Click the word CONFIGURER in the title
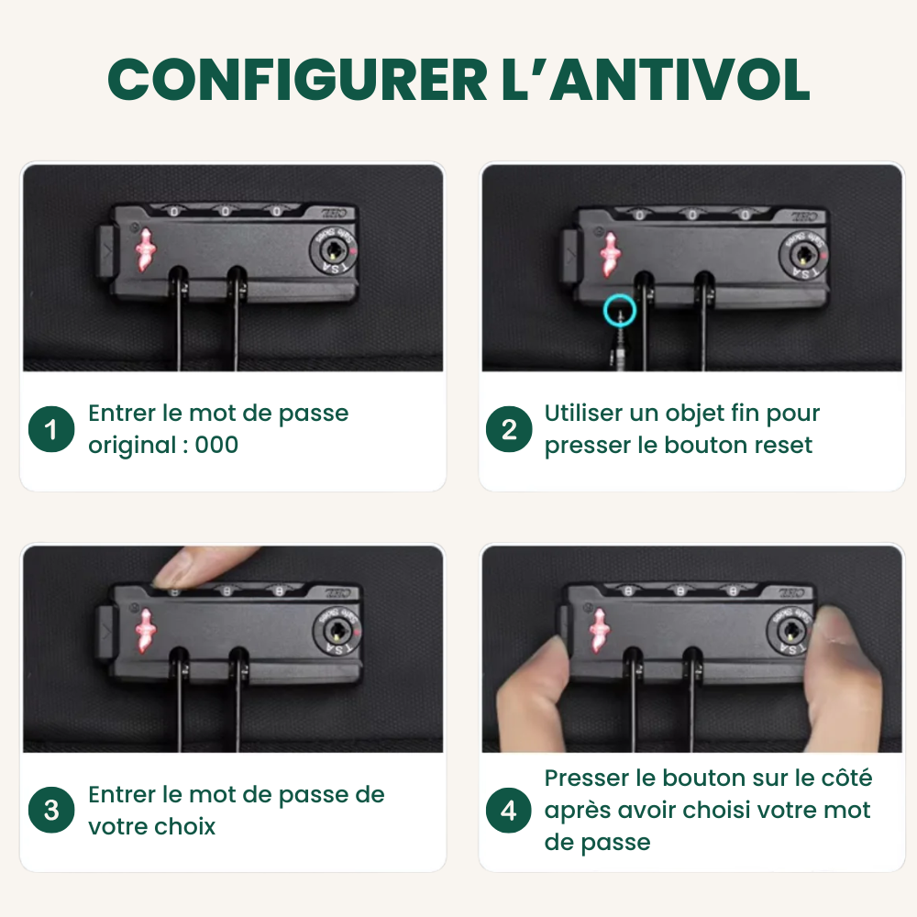pyautogui.click(x=297, y=80)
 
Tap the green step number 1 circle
pyautogui.click(x=51, y=429)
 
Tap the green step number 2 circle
pyautogui.click(x=509, y=429)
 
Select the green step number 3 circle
pyautogui.click(x=51, y=810)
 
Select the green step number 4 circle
pyautogui.click(x=509, y=810)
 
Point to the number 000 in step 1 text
pyautogui.click(x=216, y=445)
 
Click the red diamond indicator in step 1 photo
pyautogui.click(x=145, y=249)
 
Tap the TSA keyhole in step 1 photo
pyautogui.click(x=332, y=249)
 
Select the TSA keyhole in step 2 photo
pyautogui.click(x=803, y=254)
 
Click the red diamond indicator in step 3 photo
pyautogui.click(x=145, y=630)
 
